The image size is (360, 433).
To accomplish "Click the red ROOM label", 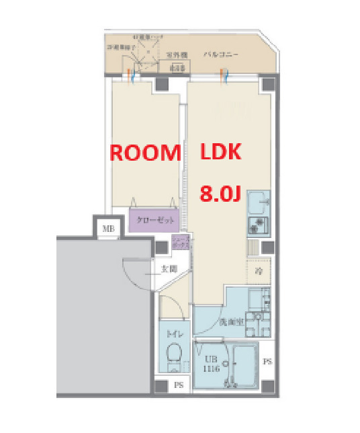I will click(145, 153).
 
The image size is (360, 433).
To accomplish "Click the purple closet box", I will click(154, 220).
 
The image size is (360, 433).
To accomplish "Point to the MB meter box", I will click(107, 230).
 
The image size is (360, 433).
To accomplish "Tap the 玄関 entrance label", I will click(168, 269).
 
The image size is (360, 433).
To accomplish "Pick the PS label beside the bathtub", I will click(267, 362).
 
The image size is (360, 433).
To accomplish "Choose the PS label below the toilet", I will click(179, 385).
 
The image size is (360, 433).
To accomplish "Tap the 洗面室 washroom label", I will click(229, 322).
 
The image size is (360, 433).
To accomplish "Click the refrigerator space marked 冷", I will click(259, 272).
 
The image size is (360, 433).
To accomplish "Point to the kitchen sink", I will click(258, 202).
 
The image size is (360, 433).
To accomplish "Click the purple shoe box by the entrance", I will click(179, 243).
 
